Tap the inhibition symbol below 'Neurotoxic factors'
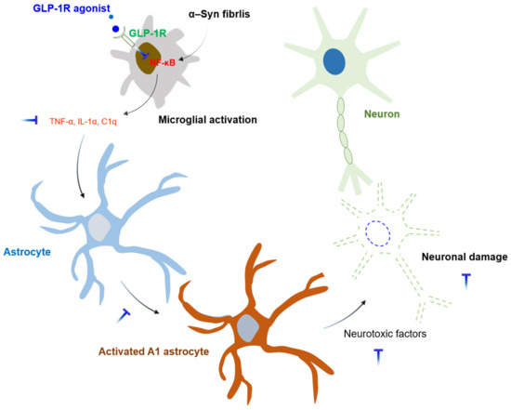pyautogui.click(x=378, y=354)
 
